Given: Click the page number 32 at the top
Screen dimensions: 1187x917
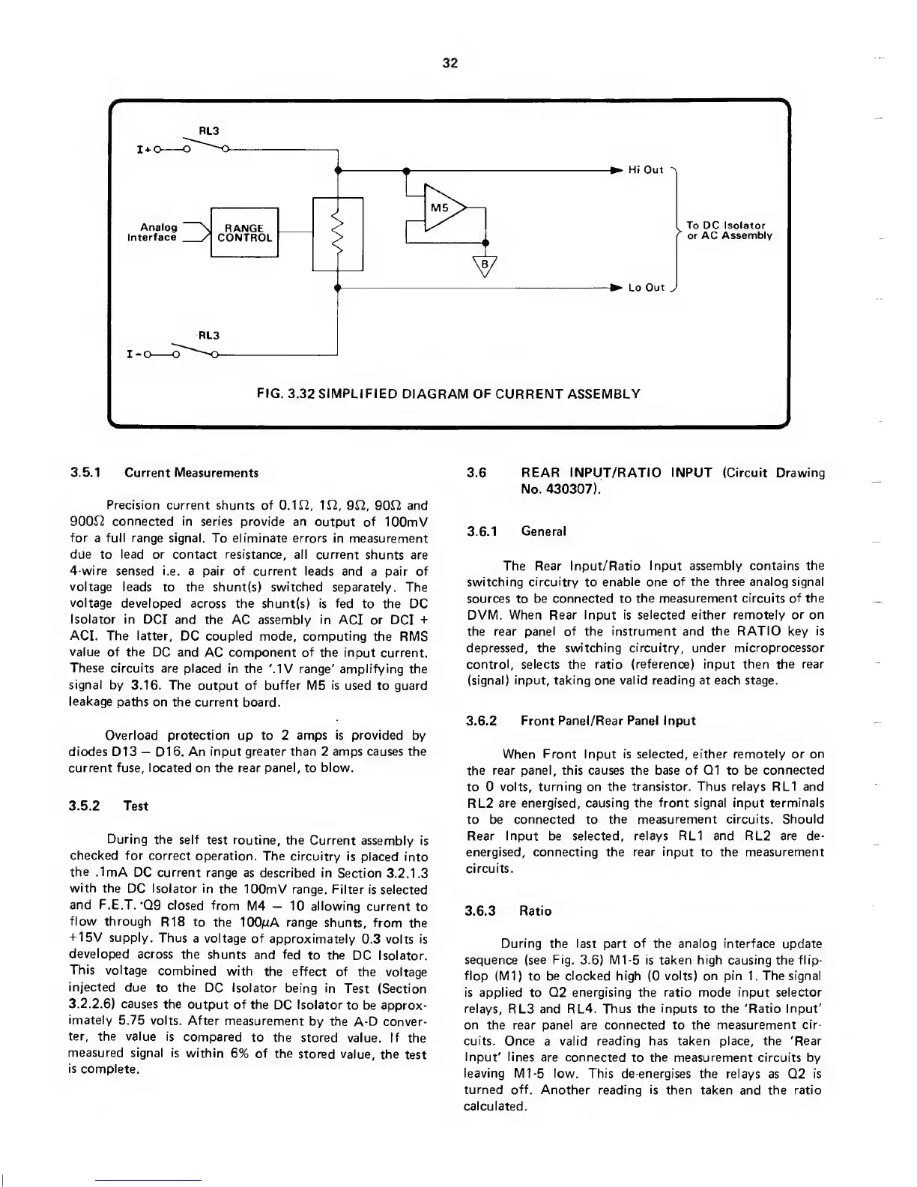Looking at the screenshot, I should click(x=450, y=63).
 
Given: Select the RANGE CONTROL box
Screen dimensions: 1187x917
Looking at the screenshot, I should click(x=244, y=232).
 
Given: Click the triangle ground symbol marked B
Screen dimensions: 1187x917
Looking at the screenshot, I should click(x=485, y=265).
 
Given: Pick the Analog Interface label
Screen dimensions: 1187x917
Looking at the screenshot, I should click(x=153, y=232).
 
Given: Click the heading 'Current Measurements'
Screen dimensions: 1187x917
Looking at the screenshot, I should click(x=191, y=473).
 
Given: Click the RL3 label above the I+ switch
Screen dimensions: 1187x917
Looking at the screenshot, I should click(x=208, y=130).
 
